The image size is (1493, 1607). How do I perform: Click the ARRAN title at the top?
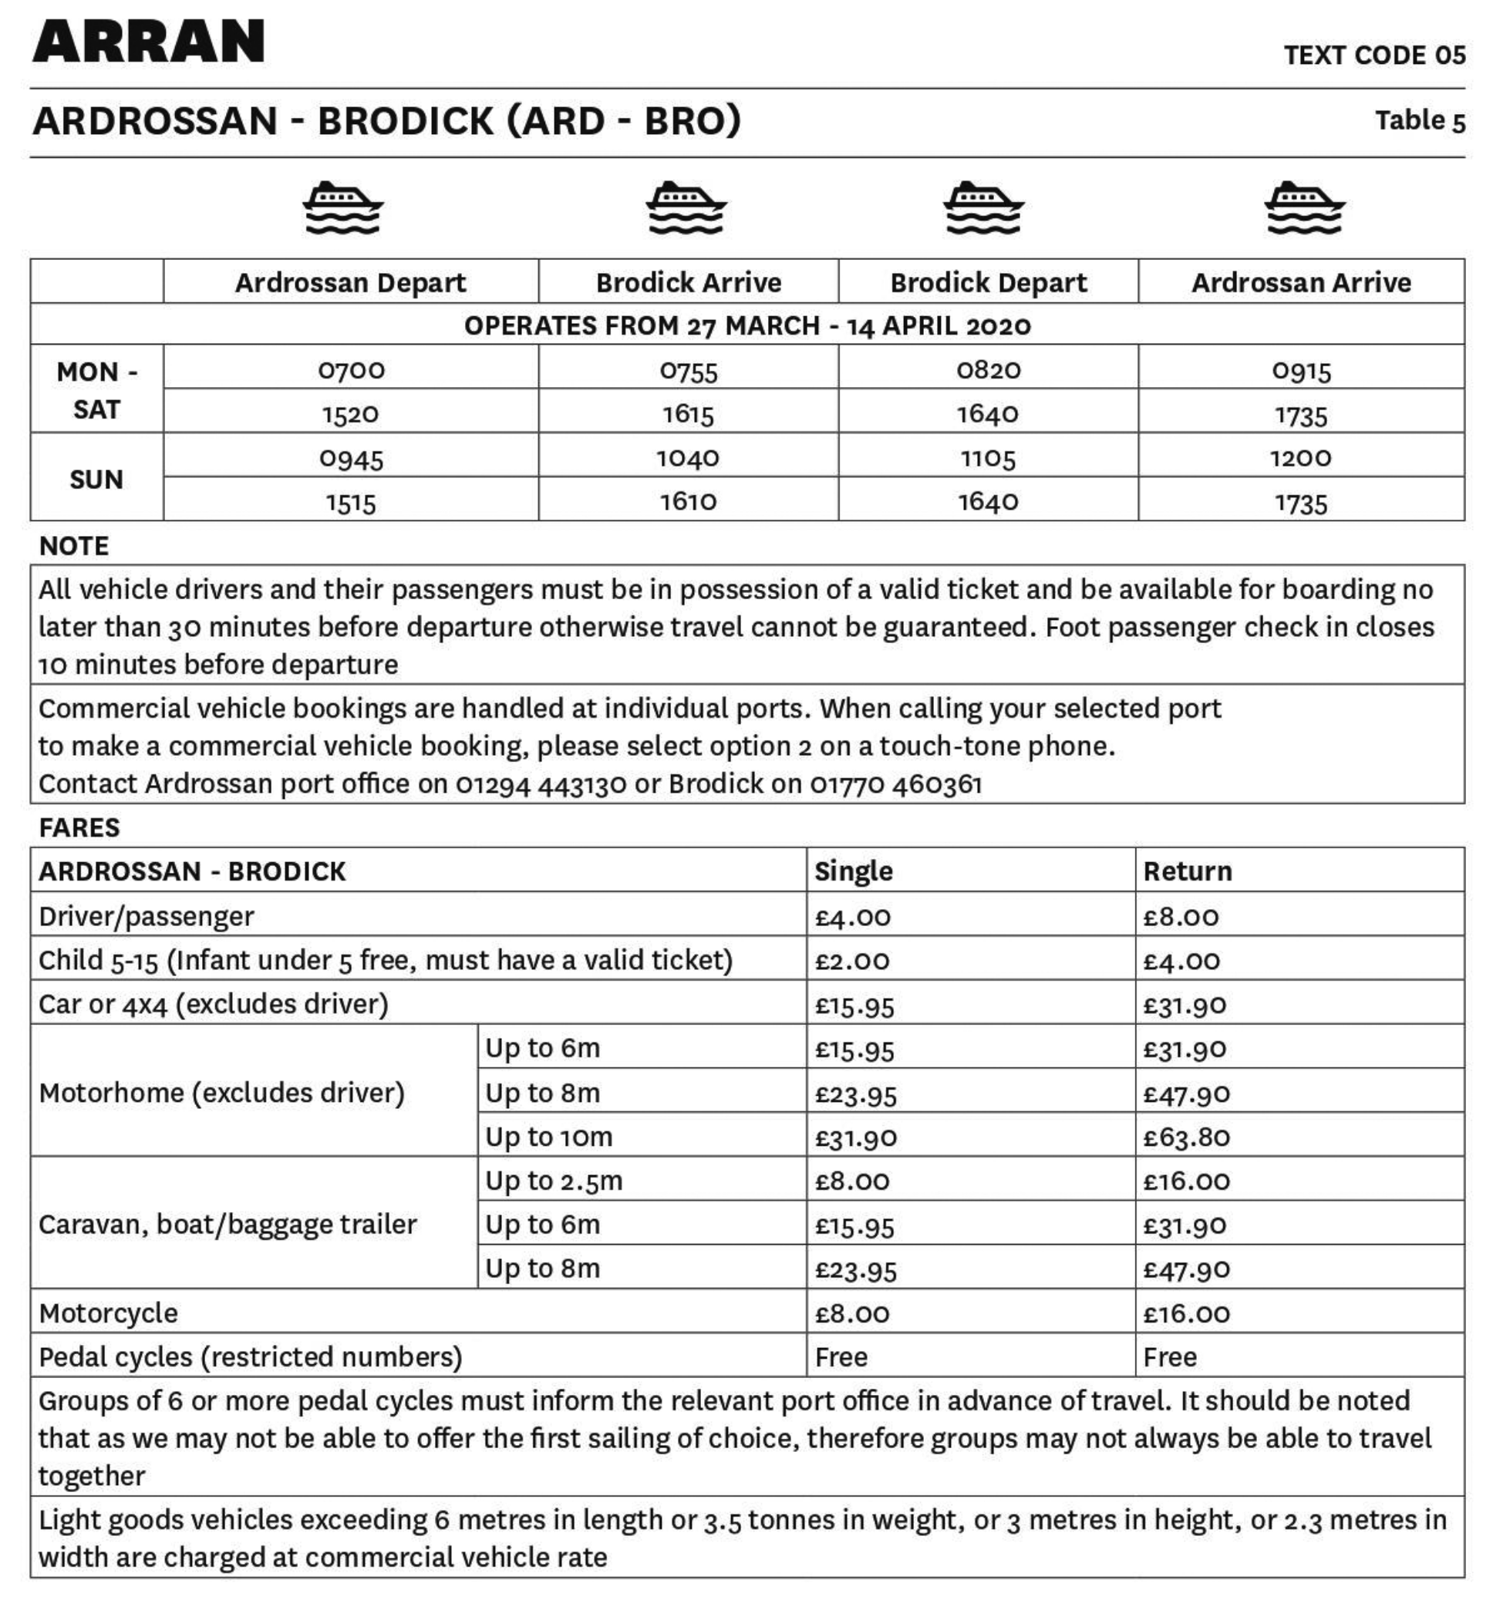(x=149, y=42)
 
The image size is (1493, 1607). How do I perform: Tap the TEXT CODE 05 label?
(x=1374, y=55)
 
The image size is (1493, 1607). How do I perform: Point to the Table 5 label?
(x=1420, y=120)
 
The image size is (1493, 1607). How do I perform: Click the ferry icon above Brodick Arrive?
(x=686, y=207)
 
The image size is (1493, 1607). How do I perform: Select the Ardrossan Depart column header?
(x=351, y=283)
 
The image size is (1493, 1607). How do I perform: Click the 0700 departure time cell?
(x=351, y=370)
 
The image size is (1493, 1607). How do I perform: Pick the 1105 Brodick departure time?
(x=987, y=458)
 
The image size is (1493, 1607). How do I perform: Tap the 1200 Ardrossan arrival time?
(x=1300, y=458)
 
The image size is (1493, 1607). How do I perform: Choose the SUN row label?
(x=96, y=479)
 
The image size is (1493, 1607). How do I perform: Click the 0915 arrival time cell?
(x=1301, y=370)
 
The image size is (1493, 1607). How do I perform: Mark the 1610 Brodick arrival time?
(x=688, y=502)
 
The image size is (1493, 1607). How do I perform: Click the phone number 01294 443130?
(x=541, y=783)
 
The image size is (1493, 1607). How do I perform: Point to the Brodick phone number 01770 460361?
(x=896, y=783)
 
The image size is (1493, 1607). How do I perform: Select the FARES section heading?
(x=79, y=827)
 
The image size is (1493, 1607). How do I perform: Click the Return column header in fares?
(x=1187, y=871)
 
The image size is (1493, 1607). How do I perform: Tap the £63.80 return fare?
(x=1186, y=1137)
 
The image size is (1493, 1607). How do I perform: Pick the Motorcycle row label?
(x=108, y=1313)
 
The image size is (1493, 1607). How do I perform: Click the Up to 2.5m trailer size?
(x=554, y=1181)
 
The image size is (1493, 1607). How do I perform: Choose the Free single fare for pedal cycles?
(x=841, y=1356)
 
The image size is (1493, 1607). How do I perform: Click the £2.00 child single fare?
(x=851, y=961)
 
